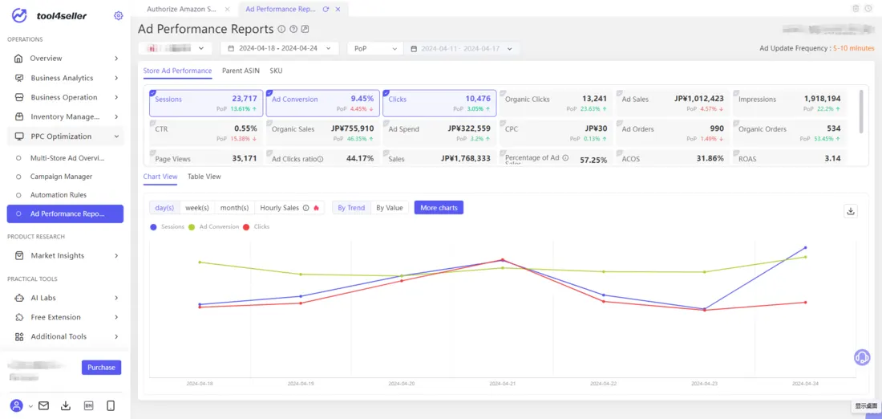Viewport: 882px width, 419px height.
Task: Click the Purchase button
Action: [x=101, y=367]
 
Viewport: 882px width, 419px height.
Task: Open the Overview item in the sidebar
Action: [x=46, y=59]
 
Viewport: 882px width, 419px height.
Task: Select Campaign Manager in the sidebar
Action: [x=61, y=177]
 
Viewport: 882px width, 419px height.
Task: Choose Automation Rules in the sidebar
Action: [x=58, y=195]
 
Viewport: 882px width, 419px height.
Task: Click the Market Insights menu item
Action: [x=57, y=256]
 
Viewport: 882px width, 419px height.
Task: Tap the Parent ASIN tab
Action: [x=241, y=71]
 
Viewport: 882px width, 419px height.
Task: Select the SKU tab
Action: [x=276, y=71]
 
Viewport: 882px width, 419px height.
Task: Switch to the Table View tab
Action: [x=204, y=177]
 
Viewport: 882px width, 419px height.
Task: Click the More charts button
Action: [x=439, y=208]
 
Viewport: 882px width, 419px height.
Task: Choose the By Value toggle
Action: [x=390, y=208]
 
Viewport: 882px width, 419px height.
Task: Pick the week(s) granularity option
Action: [x=197, y=208]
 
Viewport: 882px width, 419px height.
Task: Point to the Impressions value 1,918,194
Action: [x=823, y=99]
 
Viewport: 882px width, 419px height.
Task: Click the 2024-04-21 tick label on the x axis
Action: [x=503, y=384]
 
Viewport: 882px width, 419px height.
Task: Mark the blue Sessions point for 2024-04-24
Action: [x=805, y=248]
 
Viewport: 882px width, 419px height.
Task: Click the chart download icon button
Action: [x=851, y=211]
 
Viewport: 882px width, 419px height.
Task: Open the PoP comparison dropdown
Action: [x=374, y=49]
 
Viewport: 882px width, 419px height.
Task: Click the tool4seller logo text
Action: [x=62, y=16]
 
